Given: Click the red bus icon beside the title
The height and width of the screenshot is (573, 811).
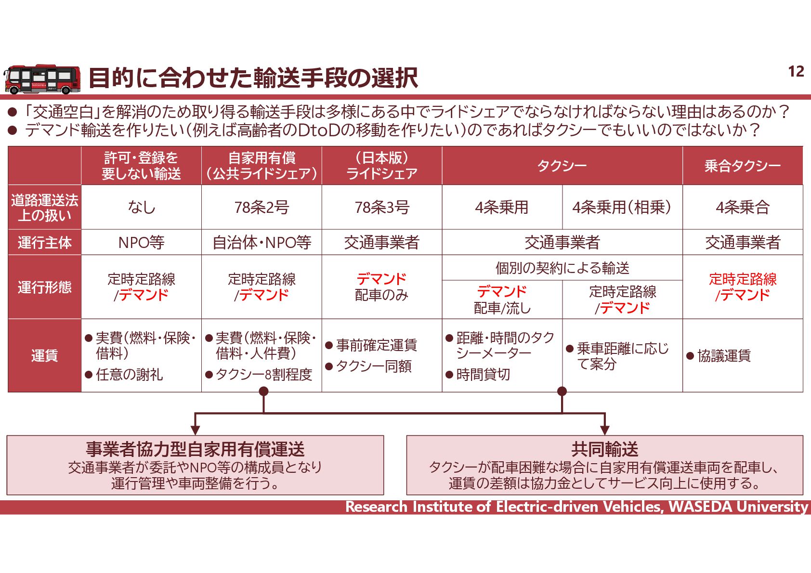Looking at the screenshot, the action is click(x=42, y=79).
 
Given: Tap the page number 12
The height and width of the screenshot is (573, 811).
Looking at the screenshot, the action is click(x=796, y=72).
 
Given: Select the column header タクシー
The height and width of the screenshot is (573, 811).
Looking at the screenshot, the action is click(x=562, y=166).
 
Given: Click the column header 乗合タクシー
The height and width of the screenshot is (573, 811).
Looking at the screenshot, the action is click(x=742, y=166).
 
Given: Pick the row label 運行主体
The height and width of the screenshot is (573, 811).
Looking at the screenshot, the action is click(x=44, y=242).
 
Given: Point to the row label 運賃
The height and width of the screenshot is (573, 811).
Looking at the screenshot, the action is click(x=44, y=356).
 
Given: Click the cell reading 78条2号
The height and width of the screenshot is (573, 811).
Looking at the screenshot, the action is click(x=262, y=208).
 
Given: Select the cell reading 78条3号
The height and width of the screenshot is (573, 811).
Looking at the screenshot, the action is click(x=382, y=208).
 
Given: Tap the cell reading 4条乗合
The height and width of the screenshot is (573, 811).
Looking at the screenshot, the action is click(x=742, y=208).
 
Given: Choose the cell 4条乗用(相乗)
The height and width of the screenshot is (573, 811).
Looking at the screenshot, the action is click(x=622, y=208).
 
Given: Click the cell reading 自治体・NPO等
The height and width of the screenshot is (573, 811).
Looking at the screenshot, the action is click(x=262, y=242).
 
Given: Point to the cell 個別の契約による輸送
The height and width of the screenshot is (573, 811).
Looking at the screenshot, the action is click(x=562, y=268).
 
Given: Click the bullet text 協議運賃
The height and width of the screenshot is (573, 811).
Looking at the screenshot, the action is click(x=724, y=356).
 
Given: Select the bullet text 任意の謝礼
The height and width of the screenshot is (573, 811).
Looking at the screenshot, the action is click(x=129, y=375).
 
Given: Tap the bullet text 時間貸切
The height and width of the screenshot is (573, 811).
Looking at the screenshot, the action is click(x=483, y=375).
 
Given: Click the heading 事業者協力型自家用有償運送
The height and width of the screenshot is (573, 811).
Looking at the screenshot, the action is click(x=195, y=449).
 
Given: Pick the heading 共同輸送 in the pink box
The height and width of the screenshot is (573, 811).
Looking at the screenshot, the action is click(x=604, y=449).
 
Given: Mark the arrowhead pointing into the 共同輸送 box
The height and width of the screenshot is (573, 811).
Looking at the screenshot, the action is click(x=604, y=430).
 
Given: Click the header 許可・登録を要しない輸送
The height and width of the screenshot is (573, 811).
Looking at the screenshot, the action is click(x=141, y=166).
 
